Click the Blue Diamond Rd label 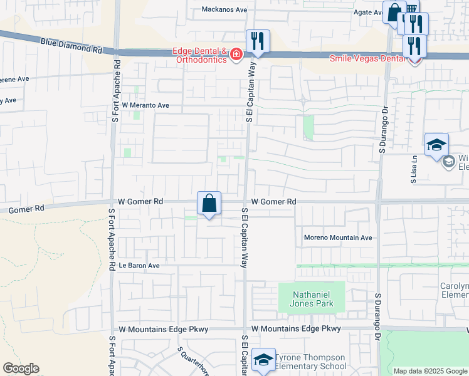pos(70,44)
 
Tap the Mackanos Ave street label pos(225,9)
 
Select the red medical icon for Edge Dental pos(236,56)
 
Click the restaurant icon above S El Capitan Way pos(258,41)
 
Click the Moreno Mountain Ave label pos(338,238)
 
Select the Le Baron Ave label pos(139,266)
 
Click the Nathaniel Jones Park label pos(311,298)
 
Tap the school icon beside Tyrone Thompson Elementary pos(264,359)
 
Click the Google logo pos(21,368)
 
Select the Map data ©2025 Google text pos(430,371)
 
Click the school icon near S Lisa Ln pos(436,145)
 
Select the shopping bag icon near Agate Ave pos(394,12)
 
